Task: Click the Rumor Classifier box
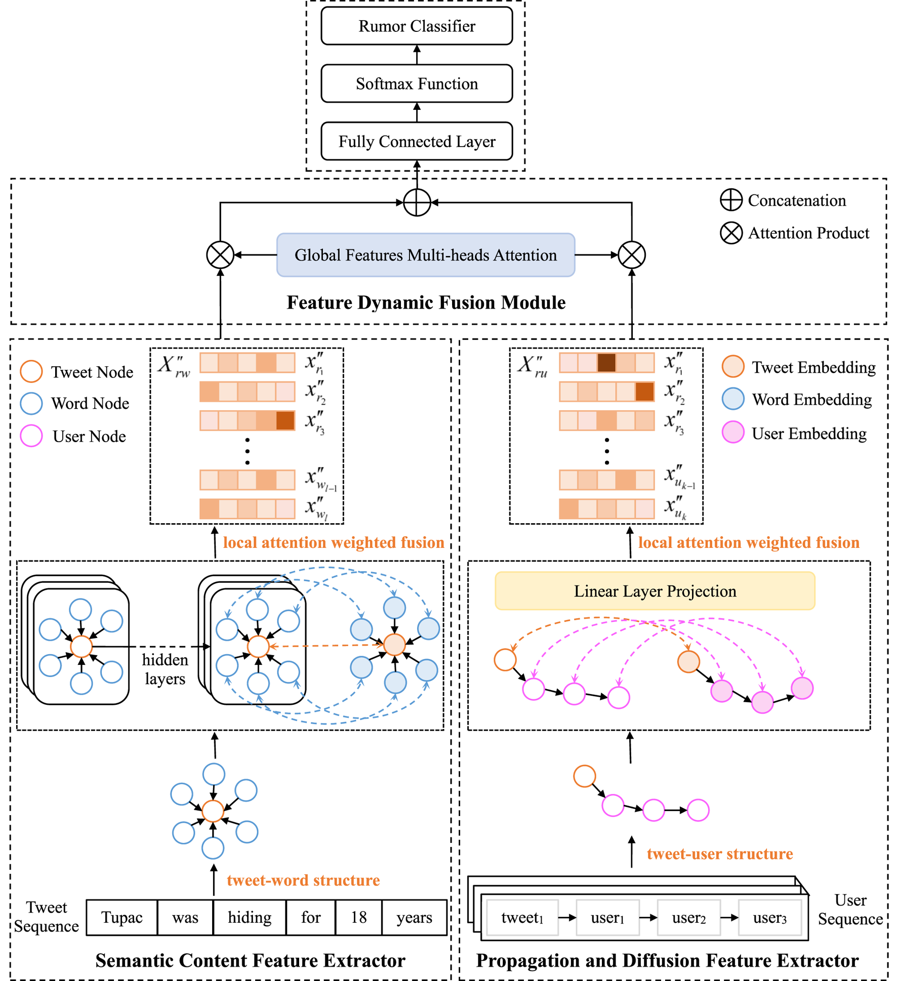pyautogui.click(x=416, y=26)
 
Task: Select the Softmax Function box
pyautogui.click(x=416, y=83)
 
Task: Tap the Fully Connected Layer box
pyautogui.click(x=416, y=141)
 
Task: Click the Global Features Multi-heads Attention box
pyautogui.click(x=425, y=255)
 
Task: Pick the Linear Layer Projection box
pyautogui.click(x=655, y=591)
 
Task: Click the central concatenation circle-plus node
pyautogui.click(x=417, y=202)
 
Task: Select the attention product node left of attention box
pyautogui.click(x=220, y=255)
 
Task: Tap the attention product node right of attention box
pyautogui.click(x=631, y=255)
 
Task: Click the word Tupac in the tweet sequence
pyautogui.click(x=121, y=917)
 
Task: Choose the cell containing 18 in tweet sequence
pyautogui.click(x=358, y=917)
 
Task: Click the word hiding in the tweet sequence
pyautogui.click(x=250, y=917)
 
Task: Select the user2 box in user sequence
pyautogui.click(x=688, y=917)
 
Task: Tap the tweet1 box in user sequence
pyautogui.click(x=522, y=917)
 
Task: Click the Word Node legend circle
pyautogui.click(x=31, y=403)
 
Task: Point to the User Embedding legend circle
pyautogui.click(x=732, y=433)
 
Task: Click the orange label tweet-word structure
pyautogui.click(x=303, y=880)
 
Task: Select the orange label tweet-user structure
pyautogui.click(x=719, y=854)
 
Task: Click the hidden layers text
pyautogui.click(x=165, y=669)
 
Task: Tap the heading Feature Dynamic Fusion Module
pyautogui.click(x=426, y=303)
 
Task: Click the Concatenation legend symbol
pyautogui.click(x=731, y=200)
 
